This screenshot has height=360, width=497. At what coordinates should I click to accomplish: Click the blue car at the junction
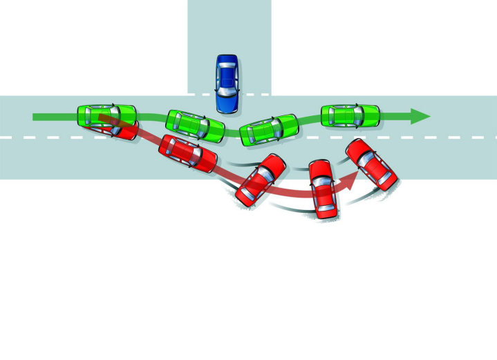(x=227, y=84)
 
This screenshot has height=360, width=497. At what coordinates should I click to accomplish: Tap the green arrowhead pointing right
(x=420, y=116)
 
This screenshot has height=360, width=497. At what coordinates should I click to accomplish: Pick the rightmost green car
(x=350, y=115)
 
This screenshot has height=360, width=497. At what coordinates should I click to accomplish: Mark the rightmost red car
(x=371, y=164)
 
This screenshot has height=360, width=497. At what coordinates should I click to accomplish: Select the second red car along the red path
(x=188, y=153)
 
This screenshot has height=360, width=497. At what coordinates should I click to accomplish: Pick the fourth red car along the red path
(x=323, y=189)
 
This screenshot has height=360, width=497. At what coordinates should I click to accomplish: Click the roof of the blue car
(x=227, y=79)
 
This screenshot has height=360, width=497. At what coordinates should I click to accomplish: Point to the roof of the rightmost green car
(x=346, y=115)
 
